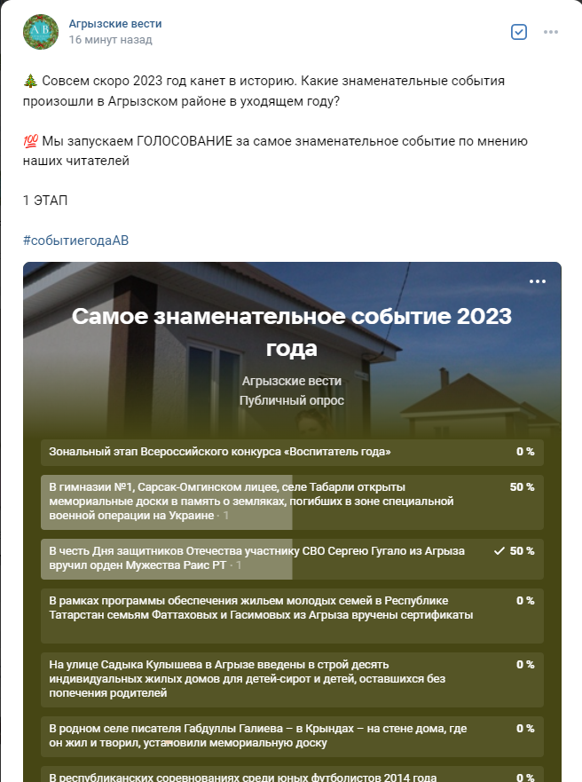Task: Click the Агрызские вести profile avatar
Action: point(41,32)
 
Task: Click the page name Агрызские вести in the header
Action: point(115,24)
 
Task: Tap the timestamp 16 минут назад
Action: point(110,40)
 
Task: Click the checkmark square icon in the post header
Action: point(520,32)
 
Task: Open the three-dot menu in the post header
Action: point(551,32)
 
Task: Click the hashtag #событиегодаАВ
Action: point(76,241)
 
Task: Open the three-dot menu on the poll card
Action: point(538,281)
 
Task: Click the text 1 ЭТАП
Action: point(45,201)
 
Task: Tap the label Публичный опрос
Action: point(292,400)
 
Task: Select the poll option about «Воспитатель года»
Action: point(220,452)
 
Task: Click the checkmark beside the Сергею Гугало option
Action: point(499,551)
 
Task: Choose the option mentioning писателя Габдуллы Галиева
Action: point(257,735)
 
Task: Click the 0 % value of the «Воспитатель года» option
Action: point(525,452)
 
